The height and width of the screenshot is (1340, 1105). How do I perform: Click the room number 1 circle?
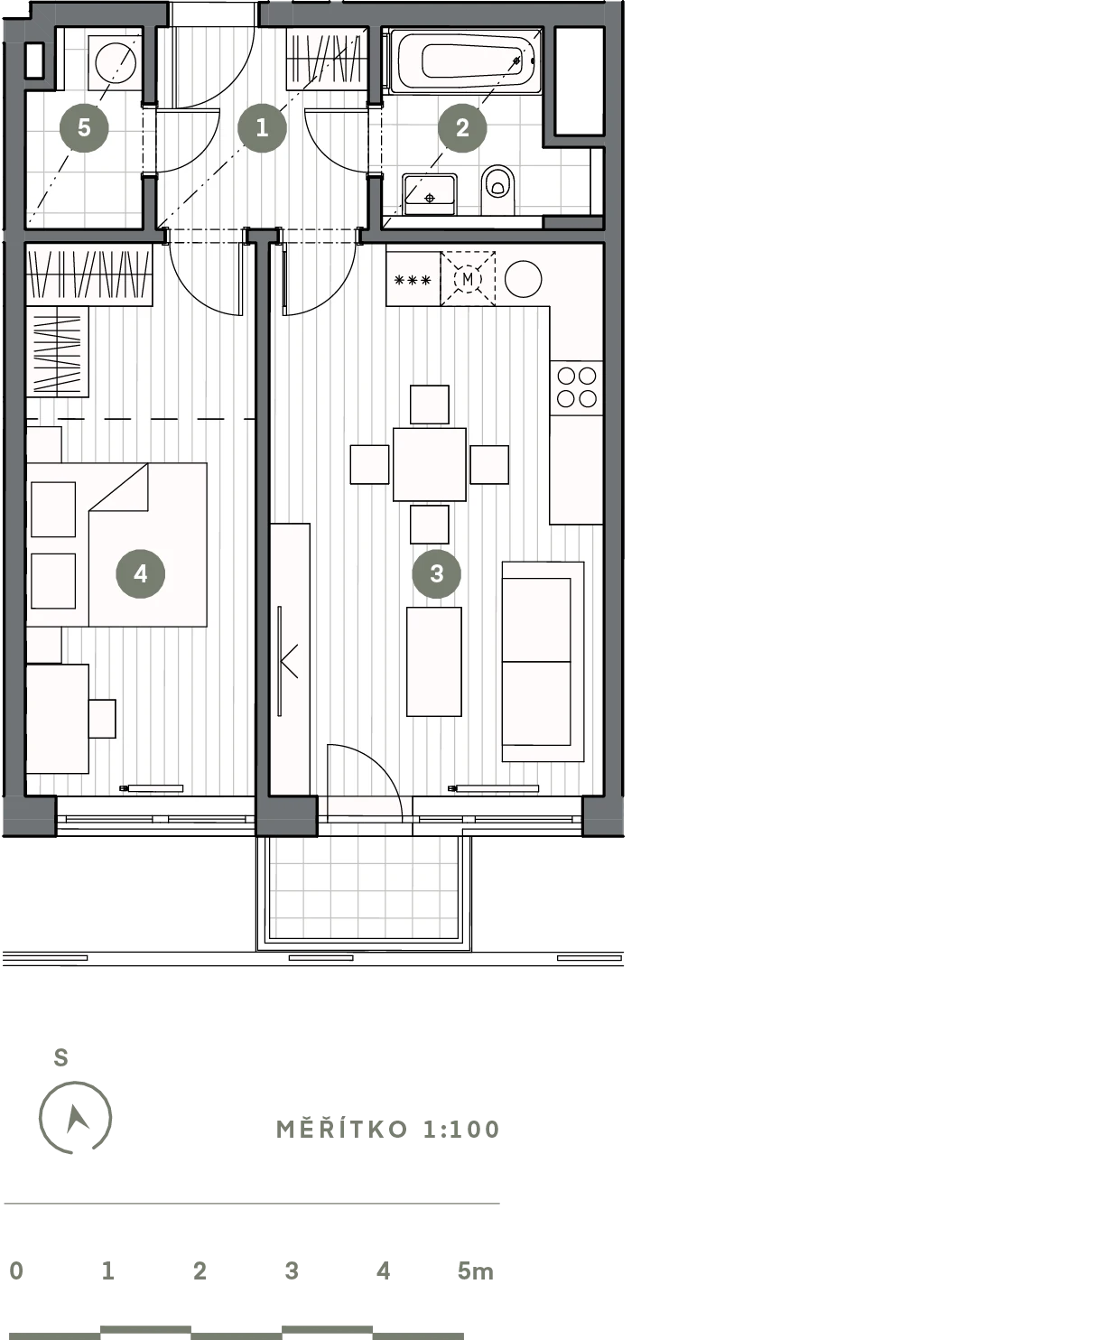[x=262, y=127]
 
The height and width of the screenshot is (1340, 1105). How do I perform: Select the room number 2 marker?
[x=462, y=127]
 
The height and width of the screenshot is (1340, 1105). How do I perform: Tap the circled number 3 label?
[x=436, y=573]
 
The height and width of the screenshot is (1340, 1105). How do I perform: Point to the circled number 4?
[x=141, y=573]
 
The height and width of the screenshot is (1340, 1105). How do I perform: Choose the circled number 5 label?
[x=84, y=127]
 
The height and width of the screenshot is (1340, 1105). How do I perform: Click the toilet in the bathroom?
[x=497, y=190]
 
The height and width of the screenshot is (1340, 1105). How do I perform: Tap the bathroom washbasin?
[x=430, y=194]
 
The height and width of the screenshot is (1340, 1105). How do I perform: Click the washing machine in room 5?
[x=115, y=62]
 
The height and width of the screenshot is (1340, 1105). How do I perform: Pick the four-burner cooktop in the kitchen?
[x=576, y=387]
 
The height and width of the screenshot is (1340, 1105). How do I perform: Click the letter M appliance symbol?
[x=468, y=279]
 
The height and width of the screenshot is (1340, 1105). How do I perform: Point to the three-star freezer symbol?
[x=413, y=280]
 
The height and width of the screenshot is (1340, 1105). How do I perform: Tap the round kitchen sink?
[x=523, y=279]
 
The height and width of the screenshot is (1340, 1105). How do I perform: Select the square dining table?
[x=430, y=465]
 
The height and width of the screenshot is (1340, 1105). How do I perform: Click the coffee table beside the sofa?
[x=434, y=662]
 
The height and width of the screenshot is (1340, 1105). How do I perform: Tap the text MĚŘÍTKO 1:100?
[x=387, y=1130]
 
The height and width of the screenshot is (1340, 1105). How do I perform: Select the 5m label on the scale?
[x=476, y=1270]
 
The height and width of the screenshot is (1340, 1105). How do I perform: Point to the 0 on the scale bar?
[x=16, y=1270]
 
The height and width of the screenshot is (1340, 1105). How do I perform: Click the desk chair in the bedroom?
[x=102, y=719]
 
